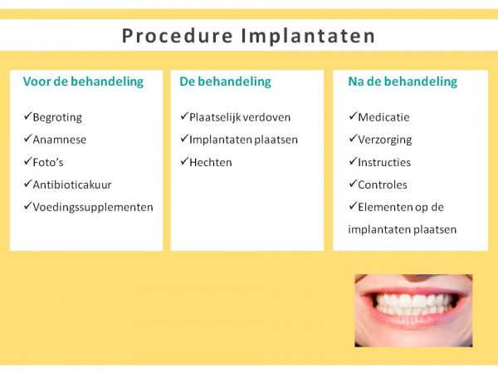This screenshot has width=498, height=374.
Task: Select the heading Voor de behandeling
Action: tap(83, 81)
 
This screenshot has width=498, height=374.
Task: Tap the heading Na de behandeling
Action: tap(402, 81)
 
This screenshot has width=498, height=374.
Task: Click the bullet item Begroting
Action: tap(57, 117)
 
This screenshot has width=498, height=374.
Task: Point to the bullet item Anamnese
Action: tap(59, 140)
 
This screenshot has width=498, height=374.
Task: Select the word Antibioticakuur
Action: tap(74, 185)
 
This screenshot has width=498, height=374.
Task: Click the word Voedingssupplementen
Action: tap(93, 207)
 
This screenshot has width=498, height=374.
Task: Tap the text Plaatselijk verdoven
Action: tap(240, 117)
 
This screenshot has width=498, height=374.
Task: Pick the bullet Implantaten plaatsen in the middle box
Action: tap(243, 140)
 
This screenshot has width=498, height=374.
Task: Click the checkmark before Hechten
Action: tap(184, 162)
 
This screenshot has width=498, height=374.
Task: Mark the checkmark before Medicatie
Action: tap(352, 117)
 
